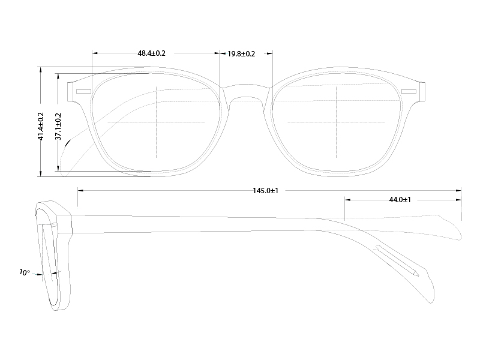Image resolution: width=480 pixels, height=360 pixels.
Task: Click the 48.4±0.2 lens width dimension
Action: pos(151,53)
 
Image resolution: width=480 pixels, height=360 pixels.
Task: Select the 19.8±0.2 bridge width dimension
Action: pos(241,54)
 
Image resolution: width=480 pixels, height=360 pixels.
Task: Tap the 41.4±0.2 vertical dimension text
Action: pos(41,126)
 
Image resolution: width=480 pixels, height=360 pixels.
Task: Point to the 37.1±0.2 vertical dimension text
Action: pos(58,126)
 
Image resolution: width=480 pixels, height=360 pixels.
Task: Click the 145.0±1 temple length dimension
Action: pos(265,190)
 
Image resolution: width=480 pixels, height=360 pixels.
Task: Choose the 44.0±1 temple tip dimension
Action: pos(400,199)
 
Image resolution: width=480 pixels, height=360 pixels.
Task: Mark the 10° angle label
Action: pos(24,272)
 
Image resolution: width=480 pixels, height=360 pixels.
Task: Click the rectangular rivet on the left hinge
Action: pos(83,91)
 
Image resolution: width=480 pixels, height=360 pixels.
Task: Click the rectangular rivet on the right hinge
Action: pos(409,91)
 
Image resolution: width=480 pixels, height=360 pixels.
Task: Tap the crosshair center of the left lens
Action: pos(156,121)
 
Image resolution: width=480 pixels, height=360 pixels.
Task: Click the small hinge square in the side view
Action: pos(54,225)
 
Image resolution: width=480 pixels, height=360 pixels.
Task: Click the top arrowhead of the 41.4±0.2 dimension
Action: pos(41,68)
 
